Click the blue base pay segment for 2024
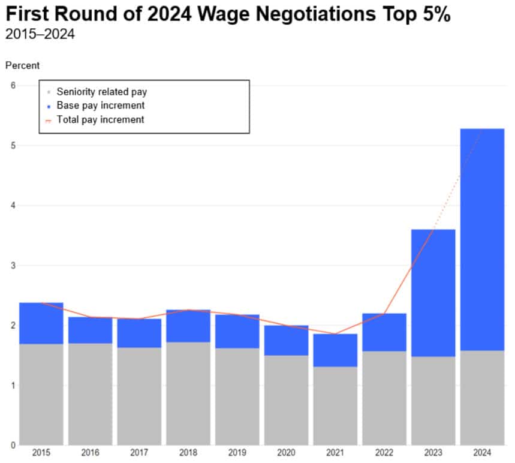[x=482, y=240]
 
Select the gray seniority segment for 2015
[x=41, y=395]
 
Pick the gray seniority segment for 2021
[x=335, y=405]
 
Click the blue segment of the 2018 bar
[x=188, y=326]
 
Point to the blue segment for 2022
[x=384, y=332]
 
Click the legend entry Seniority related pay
[x=101, y=92]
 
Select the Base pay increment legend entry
[x=100, y=106]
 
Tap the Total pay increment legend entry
[x=100, y=119]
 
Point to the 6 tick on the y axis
[x=13, y=85]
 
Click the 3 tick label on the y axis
[x=13, y=265]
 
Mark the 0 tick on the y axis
[x=13, y=445]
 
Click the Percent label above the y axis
[x=22, y=65]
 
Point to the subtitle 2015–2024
[x=40, y=34]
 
